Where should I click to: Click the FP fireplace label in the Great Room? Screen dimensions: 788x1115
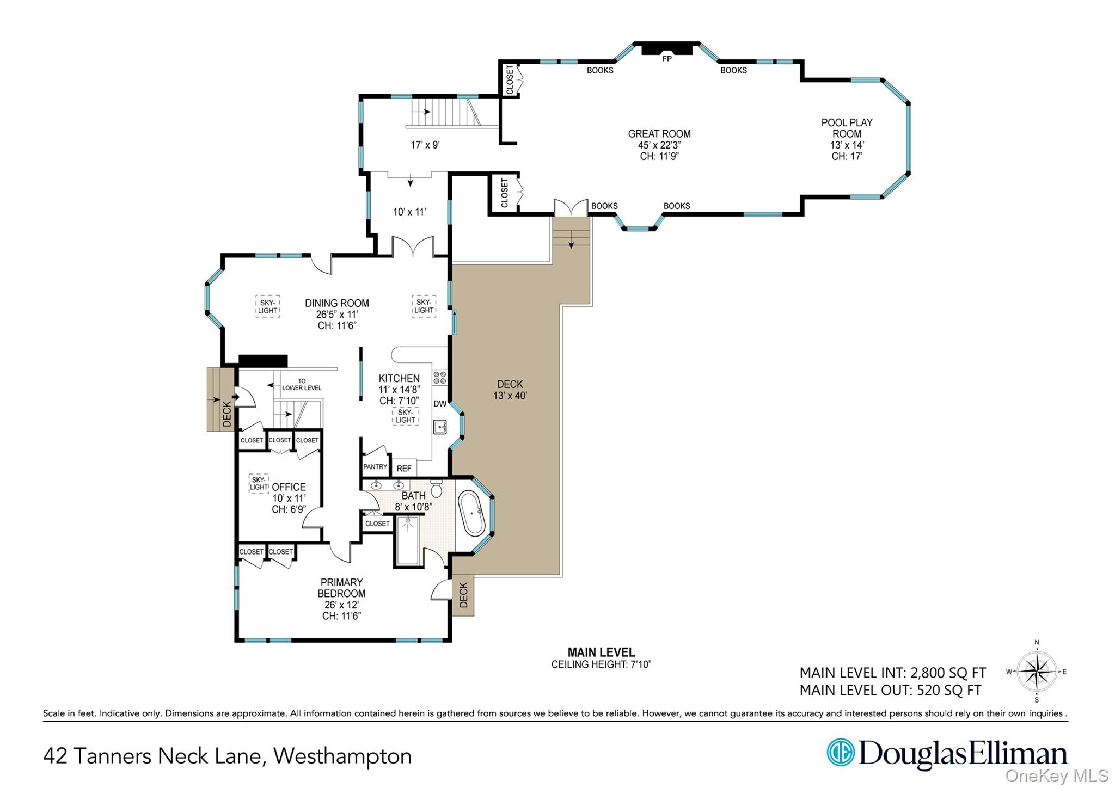(667, 59)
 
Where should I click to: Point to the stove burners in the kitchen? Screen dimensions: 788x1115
(439, 378)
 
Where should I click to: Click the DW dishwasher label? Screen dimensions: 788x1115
(440, 404)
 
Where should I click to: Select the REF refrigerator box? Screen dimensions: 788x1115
(404, 468)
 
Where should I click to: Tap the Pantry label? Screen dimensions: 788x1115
(375, 467)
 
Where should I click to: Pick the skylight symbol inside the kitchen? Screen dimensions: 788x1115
(406, 416)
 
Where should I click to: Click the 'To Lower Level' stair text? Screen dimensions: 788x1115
(302, 385)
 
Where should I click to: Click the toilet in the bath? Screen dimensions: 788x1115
(436, 489)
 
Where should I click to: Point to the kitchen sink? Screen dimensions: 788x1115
(440, 427)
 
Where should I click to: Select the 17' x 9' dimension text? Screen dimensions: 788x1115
(425, 145)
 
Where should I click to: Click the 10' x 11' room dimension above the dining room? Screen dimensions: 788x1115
(409, 212)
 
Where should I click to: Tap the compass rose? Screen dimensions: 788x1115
(1037, 672)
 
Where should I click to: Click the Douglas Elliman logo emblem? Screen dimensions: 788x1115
(840, 753)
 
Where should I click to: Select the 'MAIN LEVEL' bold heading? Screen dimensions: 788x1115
(601, 652)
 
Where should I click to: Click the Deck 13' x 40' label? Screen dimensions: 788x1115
(510, 390)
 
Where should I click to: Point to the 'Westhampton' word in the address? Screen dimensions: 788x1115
(342, 756)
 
